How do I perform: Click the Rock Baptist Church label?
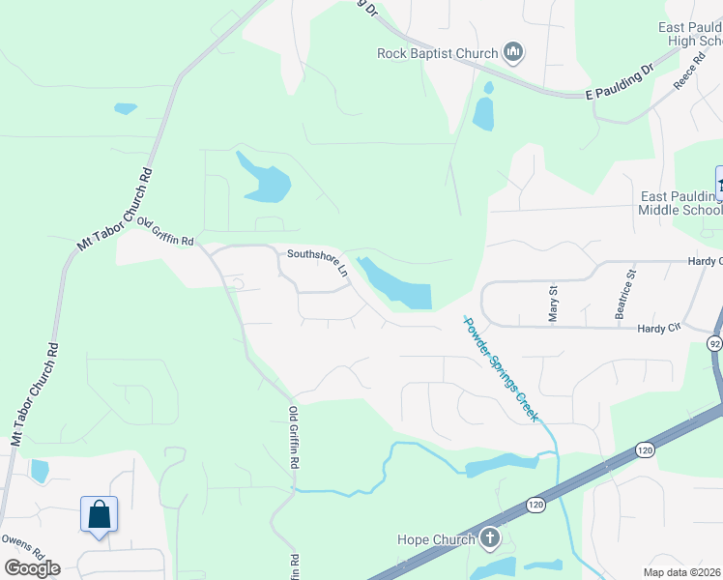437,53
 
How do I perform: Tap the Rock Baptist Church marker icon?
513,52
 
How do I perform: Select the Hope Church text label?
437,539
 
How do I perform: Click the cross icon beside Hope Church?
490,538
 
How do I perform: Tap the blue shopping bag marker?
100,514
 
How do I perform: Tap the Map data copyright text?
682,572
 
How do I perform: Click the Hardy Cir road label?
659,329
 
